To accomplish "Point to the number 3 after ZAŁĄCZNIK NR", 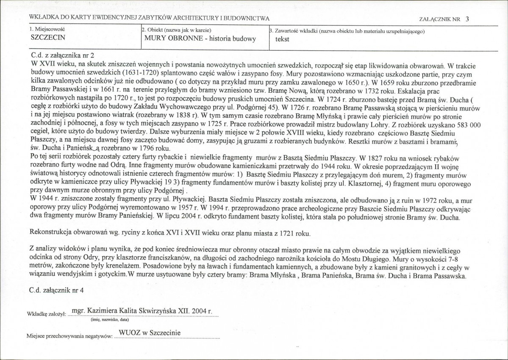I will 466,19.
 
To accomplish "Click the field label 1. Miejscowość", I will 47,30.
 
